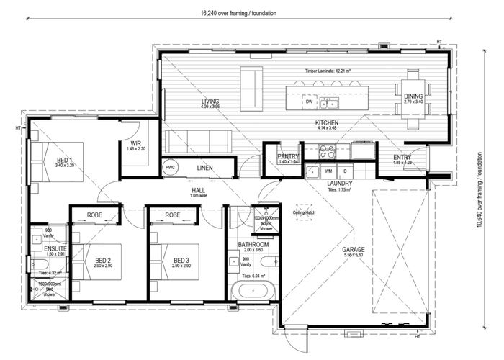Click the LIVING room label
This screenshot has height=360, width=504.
[x=210, y=102]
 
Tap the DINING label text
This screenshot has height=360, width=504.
[x=413, y=96]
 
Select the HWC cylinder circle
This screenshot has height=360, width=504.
[x=170, y=168]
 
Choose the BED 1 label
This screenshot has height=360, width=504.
[x=65, y=159]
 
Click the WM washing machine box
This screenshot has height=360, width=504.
[x=328, y=171]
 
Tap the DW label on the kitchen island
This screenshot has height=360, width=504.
[x=309, y=102]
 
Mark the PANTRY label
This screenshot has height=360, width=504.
[x=288, y=156]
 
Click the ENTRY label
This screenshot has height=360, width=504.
[x=402, y=158]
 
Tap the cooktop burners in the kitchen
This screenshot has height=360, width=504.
[x=326, y=151]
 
